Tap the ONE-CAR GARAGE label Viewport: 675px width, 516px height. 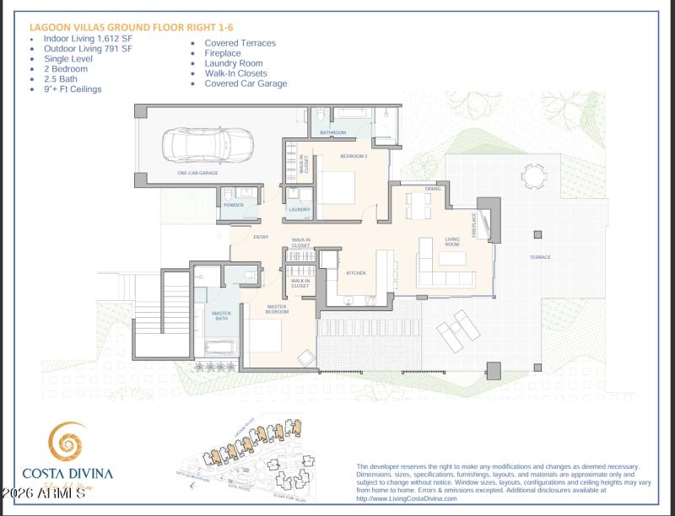197,173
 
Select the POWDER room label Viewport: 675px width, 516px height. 233,205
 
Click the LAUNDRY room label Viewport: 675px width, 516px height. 300,209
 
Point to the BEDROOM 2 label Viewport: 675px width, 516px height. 354,157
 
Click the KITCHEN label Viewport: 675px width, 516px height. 355,273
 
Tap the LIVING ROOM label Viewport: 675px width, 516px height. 452,242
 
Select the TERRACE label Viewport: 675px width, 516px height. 540,257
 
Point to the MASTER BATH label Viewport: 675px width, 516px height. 221,316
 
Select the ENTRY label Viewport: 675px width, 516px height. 261,237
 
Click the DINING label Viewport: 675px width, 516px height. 433,189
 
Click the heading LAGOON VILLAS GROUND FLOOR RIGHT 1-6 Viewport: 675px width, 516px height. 131,27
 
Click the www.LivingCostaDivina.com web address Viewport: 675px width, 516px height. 407,498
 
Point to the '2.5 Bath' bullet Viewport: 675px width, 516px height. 62,78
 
